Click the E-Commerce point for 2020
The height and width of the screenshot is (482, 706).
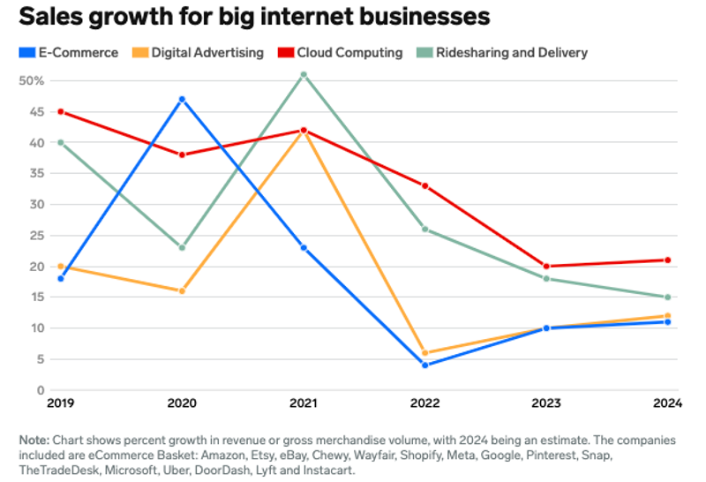[182, 99]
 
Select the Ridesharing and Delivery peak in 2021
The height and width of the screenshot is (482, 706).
[304, 74]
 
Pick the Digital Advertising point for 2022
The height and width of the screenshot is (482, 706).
[425, 352]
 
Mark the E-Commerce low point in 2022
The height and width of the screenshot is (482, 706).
[425, 365]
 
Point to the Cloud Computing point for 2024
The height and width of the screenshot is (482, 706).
[668, 260]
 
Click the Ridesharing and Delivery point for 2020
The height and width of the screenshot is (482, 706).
[182, 247]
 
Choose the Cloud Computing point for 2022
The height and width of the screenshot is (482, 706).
[425, 185]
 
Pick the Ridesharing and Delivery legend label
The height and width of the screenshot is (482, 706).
[511, 52]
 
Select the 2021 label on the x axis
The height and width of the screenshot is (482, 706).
[304, 405]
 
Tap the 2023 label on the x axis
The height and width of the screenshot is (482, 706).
[546, 405]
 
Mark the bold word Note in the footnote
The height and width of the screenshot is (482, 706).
[34, 440]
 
